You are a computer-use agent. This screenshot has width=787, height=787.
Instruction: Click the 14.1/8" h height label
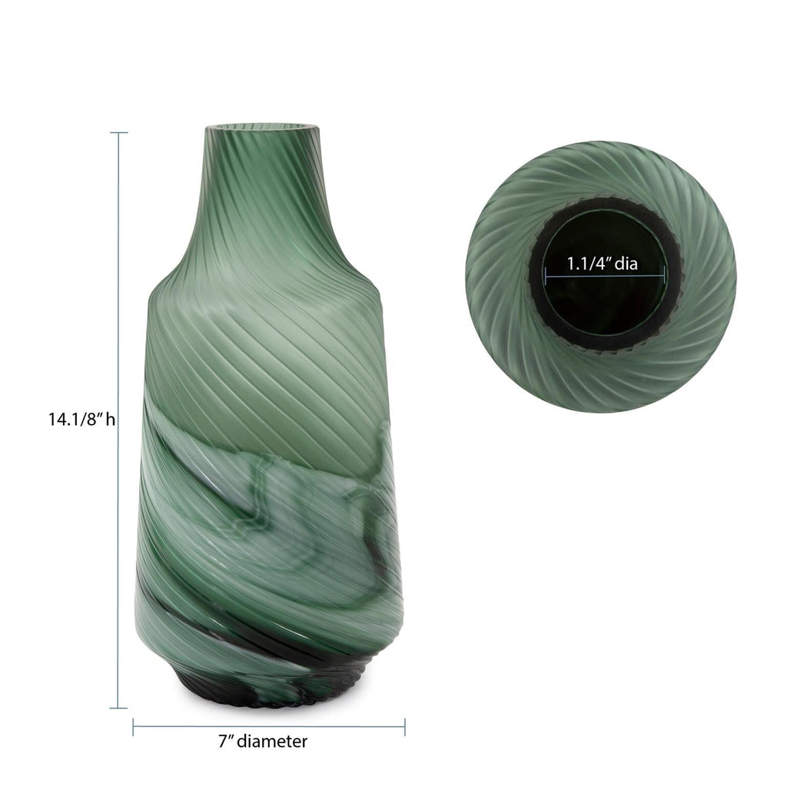tap(81, 420)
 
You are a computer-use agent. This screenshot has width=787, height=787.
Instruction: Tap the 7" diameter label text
tap(262, 742)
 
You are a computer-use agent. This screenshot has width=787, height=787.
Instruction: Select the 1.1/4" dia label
tap(603, 264)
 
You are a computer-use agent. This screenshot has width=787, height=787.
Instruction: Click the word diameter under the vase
tap(272, 742)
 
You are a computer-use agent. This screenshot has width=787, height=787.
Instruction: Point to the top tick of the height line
tap(118, 133)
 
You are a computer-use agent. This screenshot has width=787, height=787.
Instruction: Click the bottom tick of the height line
tap(118, 707)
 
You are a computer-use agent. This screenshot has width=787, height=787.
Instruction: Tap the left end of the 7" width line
tap(134, 726)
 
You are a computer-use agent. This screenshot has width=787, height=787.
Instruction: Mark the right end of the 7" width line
tap(405, 726)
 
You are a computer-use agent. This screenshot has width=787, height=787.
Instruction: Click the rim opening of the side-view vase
tap(261, 124)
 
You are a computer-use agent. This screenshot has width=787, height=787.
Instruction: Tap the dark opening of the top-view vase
tap(604, 307)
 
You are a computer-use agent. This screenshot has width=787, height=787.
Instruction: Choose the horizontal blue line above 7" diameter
tap(269, 726)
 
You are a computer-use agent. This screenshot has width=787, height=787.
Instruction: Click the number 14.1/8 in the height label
tap(73, 420)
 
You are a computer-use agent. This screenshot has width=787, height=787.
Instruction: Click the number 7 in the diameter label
tap(221, 742)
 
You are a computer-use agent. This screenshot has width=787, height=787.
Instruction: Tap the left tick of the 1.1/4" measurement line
tap(546, 275)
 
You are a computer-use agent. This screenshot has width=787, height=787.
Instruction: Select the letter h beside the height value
tap(111, 420)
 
